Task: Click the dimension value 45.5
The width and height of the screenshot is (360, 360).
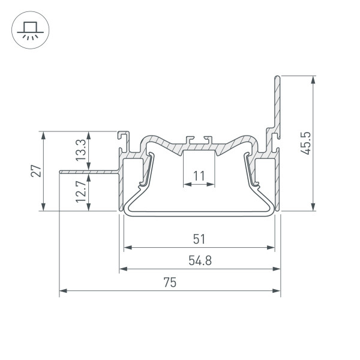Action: click(305, 143)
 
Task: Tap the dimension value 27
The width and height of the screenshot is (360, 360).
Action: click(36, 170)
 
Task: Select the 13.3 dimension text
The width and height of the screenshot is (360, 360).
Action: click(81, 150)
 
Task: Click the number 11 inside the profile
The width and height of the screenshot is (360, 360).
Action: click(199, 176)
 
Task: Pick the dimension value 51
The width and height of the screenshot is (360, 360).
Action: click(199, 239)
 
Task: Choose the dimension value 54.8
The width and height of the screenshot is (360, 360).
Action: click(200, 260)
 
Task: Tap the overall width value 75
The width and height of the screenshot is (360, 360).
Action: click(170, 283)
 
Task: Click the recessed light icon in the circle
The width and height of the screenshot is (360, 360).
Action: click(31, 31)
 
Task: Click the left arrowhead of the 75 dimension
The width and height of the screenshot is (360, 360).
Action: click(63, 291)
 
